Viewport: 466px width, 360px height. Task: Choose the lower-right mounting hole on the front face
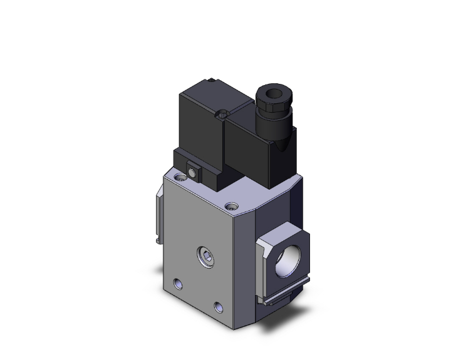tap(219, 306)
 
